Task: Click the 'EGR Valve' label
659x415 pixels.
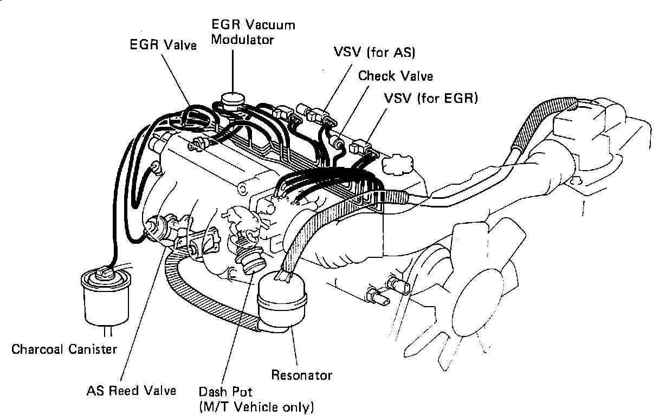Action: [x=163, y=44]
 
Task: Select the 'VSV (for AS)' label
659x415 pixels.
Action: [x=373, y=53]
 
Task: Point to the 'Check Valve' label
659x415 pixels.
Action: [x=395, y=75]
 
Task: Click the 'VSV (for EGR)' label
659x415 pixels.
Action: [x=430, y=99]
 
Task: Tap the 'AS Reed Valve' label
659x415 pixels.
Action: [x=132, y=390]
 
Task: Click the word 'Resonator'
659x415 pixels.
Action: [x=301, y=374]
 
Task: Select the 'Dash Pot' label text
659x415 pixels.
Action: [x=225, y=391]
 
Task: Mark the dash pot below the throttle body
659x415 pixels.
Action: [x=251, y=260]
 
